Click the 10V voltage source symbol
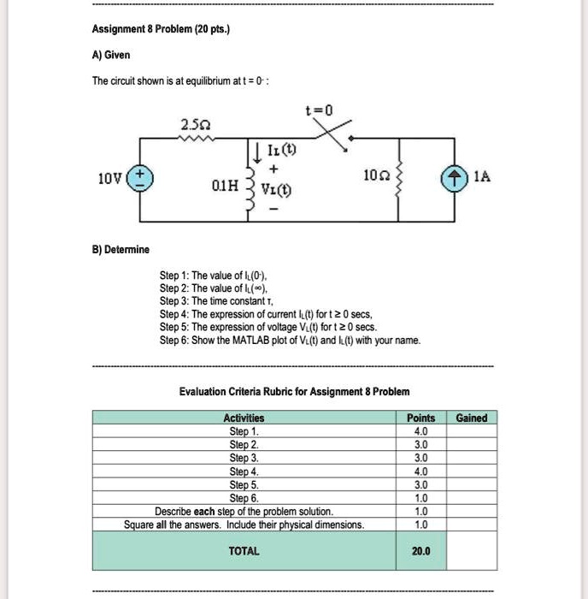(x=139, y=178)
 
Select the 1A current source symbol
(x=451, y=178)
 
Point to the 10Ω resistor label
(x=374, y=176)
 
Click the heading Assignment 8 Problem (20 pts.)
(x=161, y=27)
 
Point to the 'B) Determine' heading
(x=121, y=249)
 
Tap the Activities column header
(x=244, y=418)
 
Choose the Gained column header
(x=472, y=418)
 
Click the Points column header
(x=421, y=418)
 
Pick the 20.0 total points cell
(x=421, y=551)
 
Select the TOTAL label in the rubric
(x=244, y=551)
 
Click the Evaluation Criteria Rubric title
(x=294, y=391)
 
